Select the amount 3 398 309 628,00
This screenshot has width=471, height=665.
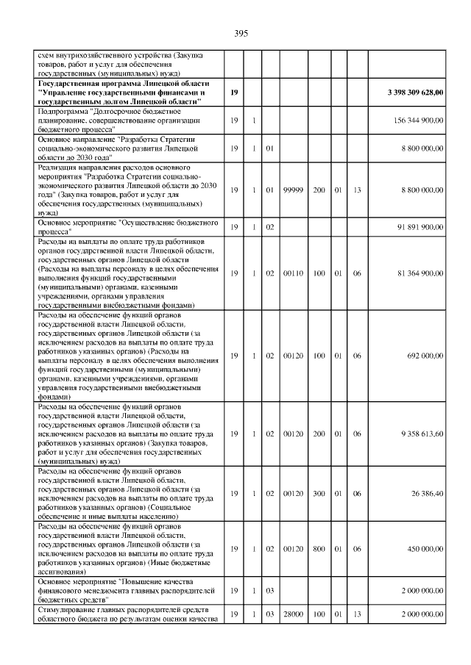point(415,93)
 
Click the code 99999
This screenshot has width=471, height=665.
point(294,190)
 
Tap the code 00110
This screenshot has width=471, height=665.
point(294,273)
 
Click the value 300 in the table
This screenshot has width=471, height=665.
point(319,492)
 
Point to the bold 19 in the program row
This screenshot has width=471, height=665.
point(233,93)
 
